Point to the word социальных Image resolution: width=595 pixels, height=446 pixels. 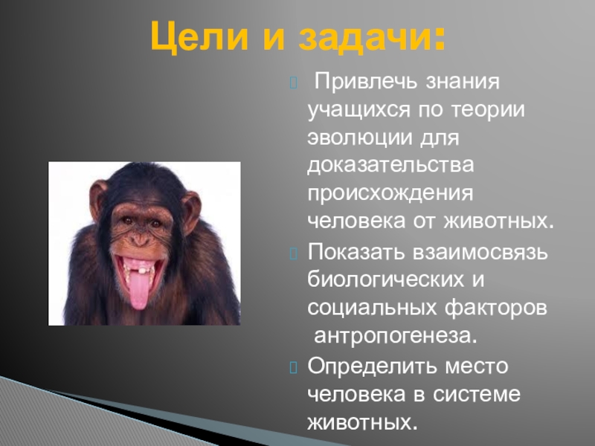(370, 307)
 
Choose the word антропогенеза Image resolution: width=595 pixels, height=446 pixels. (394, 335)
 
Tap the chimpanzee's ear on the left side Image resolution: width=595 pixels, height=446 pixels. (97, 198)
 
